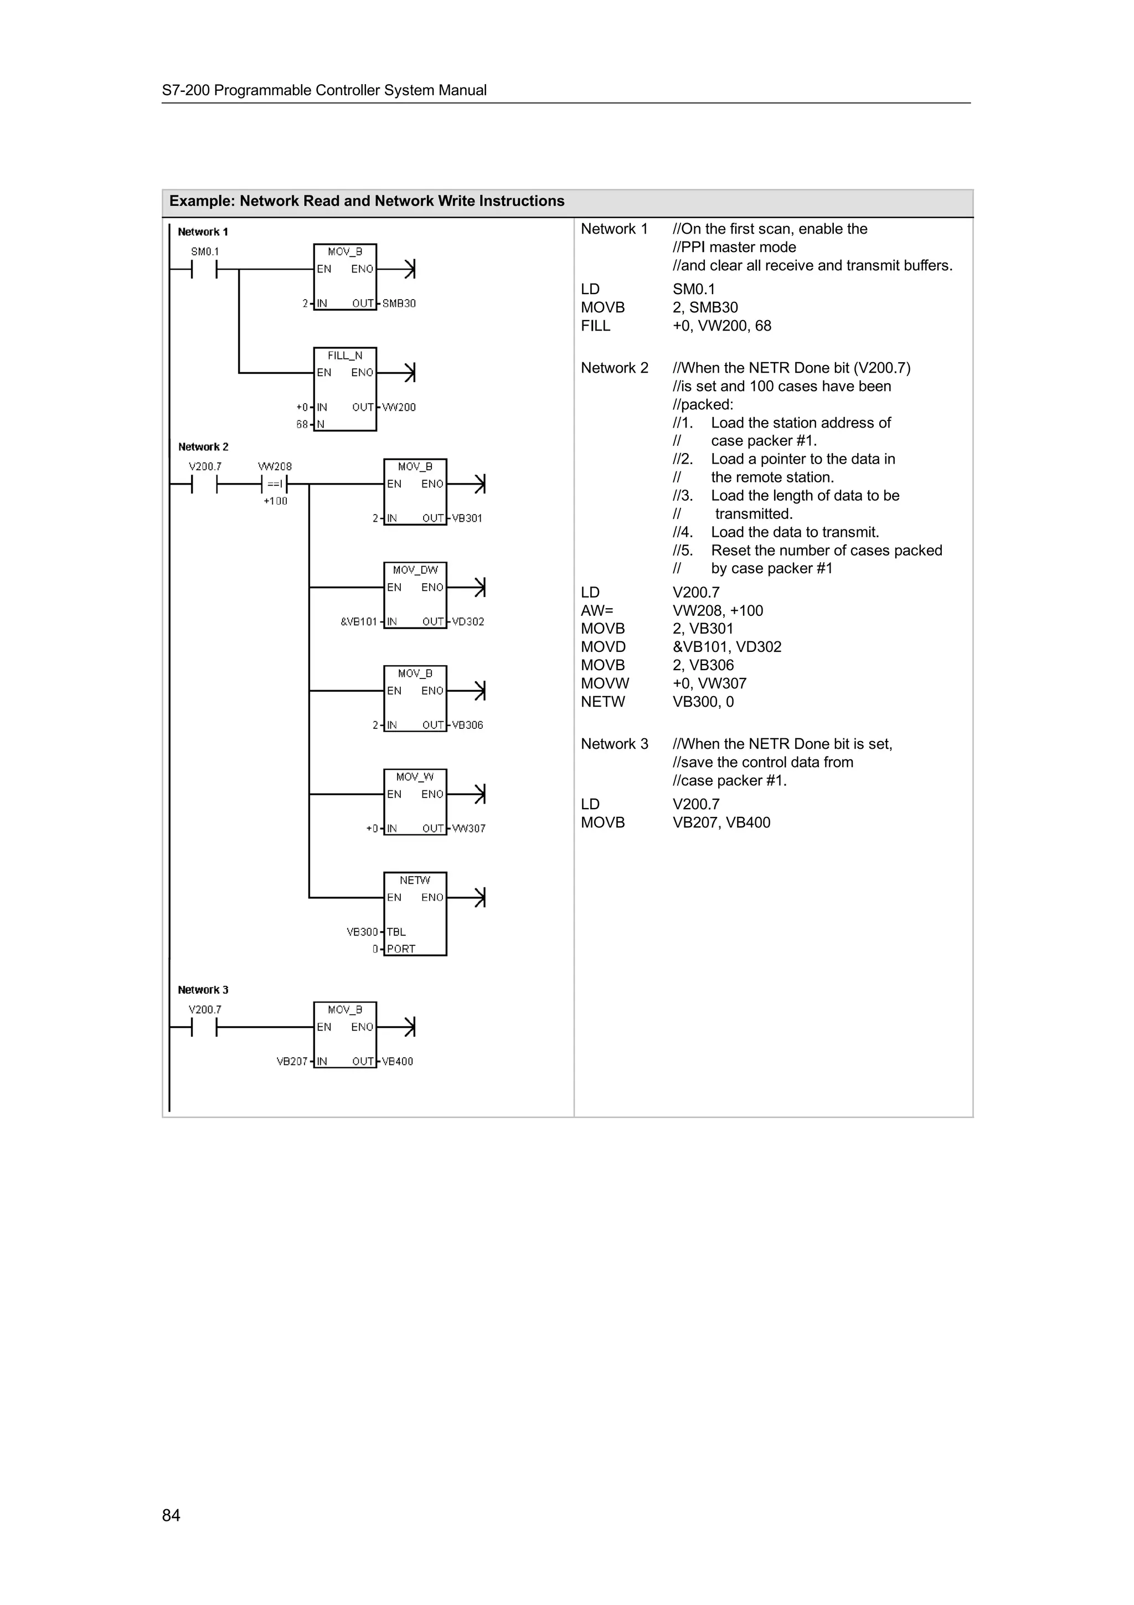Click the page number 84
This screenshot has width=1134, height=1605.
point(171,1515)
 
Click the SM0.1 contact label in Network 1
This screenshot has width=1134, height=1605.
point(205,251)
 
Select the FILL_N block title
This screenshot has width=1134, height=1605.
point(344,356)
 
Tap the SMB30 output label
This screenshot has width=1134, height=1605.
point(399,303)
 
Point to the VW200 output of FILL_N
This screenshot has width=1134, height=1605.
point(399,407)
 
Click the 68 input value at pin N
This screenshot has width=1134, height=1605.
point(302,424)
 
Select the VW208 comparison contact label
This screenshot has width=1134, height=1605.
point(275,466)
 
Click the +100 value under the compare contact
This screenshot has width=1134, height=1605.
point(275,501)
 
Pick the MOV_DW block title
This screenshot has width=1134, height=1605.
point(415,570)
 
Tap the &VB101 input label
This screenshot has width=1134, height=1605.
point(358,621)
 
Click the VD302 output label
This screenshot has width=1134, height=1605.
point(468,621)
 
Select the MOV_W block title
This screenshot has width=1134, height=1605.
point(415,776)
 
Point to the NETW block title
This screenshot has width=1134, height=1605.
point(415,880)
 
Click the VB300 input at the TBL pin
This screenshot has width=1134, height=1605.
point(362,932)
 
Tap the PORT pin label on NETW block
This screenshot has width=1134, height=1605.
point(401,949)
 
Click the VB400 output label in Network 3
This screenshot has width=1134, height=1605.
point(398,1061)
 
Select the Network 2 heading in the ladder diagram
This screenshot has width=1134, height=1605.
point(203,447)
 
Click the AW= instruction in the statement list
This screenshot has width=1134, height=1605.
point(597,610)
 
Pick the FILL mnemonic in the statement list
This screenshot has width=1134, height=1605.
point(595,326)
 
